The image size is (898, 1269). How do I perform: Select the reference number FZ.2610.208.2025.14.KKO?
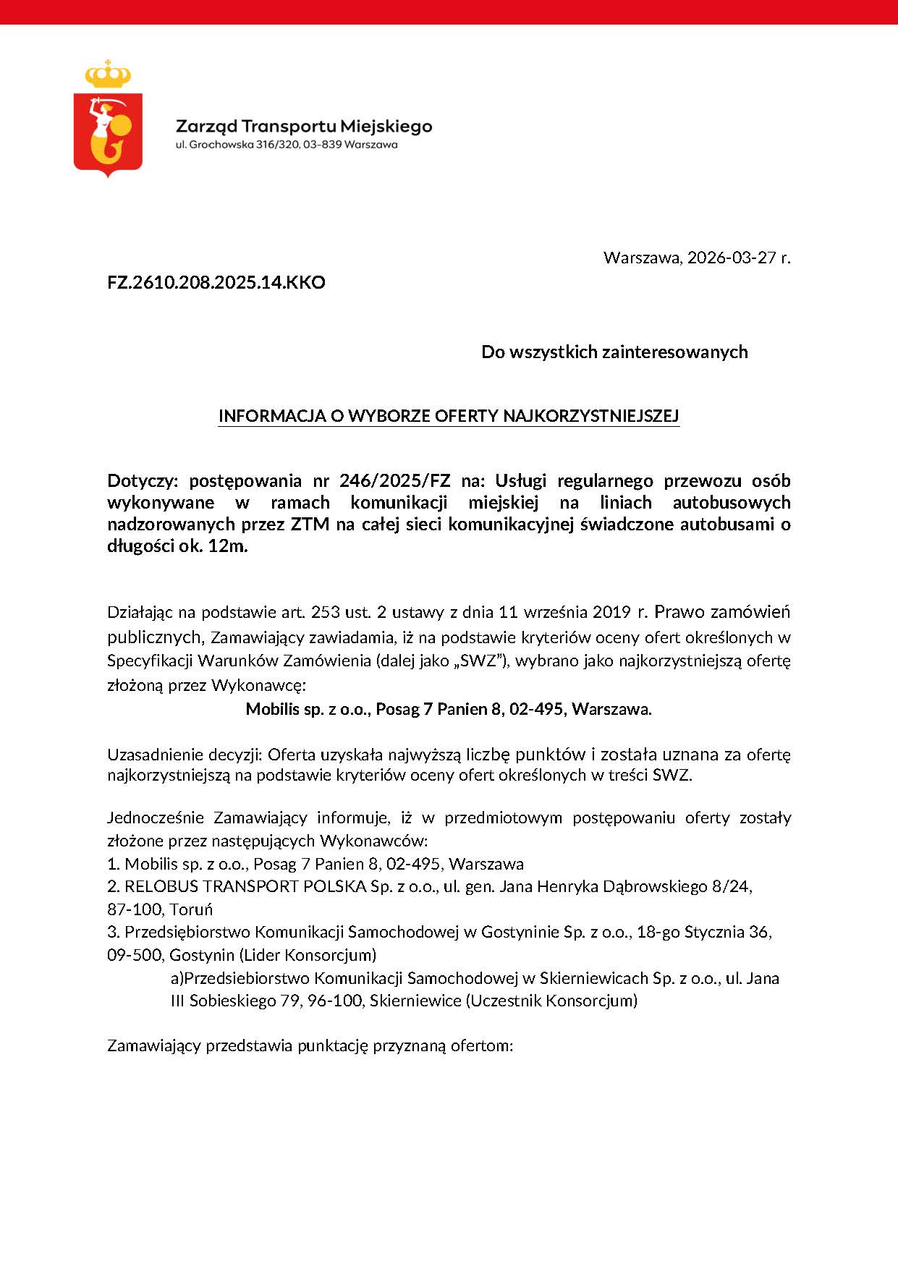(216, 282)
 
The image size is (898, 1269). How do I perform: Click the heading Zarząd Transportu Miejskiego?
(304, 127)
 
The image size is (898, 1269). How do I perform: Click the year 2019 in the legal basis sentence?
(611, 612)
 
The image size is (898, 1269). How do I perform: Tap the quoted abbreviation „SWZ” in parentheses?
(478, 661)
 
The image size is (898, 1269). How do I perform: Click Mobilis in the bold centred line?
(272, 709)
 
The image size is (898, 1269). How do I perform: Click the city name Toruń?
(191, 909)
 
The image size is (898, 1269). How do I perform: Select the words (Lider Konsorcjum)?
(308, 955)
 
